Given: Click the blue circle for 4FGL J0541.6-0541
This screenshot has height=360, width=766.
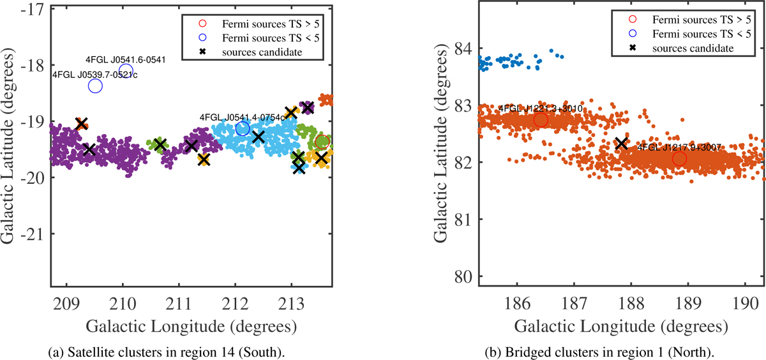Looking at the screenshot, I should [x=126, y=70].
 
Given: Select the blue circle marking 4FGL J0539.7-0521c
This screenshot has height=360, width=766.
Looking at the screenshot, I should [x=95, y=86].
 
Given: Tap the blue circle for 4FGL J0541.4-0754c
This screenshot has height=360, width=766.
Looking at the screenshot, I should [x=243, y=129].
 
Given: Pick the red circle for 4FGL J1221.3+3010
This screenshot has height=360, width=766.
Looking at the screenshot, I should [x=541, y=120].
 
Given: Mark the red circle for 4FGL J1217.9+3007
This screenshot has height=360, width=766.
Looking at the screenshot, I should [x=679, y=158].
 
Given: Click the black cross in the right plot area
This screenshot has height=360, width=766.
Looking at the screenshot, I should [x=621, y=144].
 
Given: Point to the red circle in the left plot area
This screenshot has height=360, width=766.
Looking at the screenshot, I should [x=322, y=142].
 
